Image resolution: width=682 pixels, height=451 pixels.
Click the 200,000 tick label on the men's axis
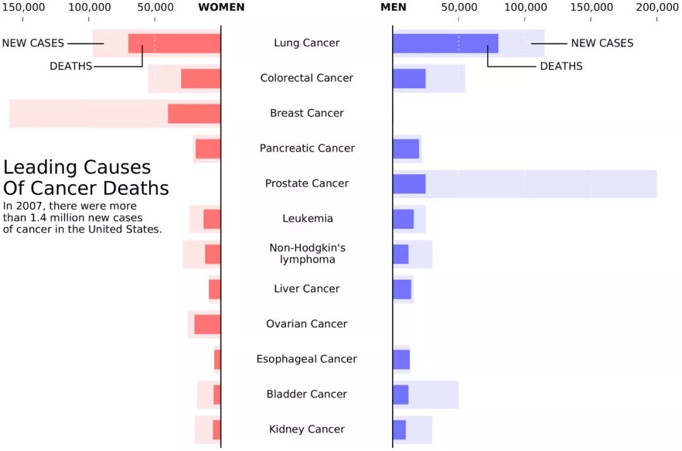(657, 8)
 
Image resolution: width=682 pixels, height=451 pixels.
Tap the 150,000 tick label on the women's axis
(23, 8)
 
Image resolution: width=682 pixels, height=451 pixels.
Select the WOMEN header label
(221, 8)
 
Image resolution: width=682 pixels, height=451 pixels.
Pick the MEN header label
(393, 8)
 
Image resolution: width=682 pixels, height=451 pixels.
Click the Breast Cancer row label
(307, 114)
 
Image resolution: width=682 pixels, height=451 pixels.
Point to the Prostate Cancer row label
(307, 184)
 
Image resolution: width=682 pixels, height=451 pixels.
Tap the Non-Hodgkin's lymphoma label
(307, 254)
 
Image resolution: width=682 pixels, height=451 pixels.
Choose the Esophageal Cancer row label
(307, 359)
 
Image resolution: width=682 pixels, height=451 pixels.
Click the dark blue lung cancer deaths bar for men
(445, 44)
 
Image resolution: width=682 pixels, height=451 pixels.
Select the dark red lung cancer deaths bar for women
(174, 44)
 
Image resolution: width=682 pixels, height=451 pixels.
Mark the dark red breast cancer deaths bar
(194, 114)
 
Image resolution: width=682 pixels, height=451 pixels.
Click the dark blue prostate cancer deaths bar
(409, 184)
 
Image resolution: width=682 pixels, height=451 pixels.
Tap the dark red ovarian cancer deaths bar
(208, 324)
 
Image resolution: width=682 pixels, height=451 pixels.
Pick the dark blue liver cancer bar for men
(402, 289)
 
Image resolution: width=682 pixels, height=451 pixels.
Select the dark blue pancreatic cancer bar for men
(406, 149)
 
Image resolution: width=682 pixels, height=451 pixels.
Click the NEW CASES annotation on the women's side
(33, 44)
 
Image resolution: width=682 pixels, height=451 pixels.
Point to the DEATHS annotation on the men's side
(561, 66)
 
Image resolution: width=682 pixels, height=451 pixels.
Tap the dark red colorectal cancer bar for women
(201, 79)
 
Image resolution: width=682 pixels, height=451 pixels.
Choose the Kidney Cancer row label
(307, 430)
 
